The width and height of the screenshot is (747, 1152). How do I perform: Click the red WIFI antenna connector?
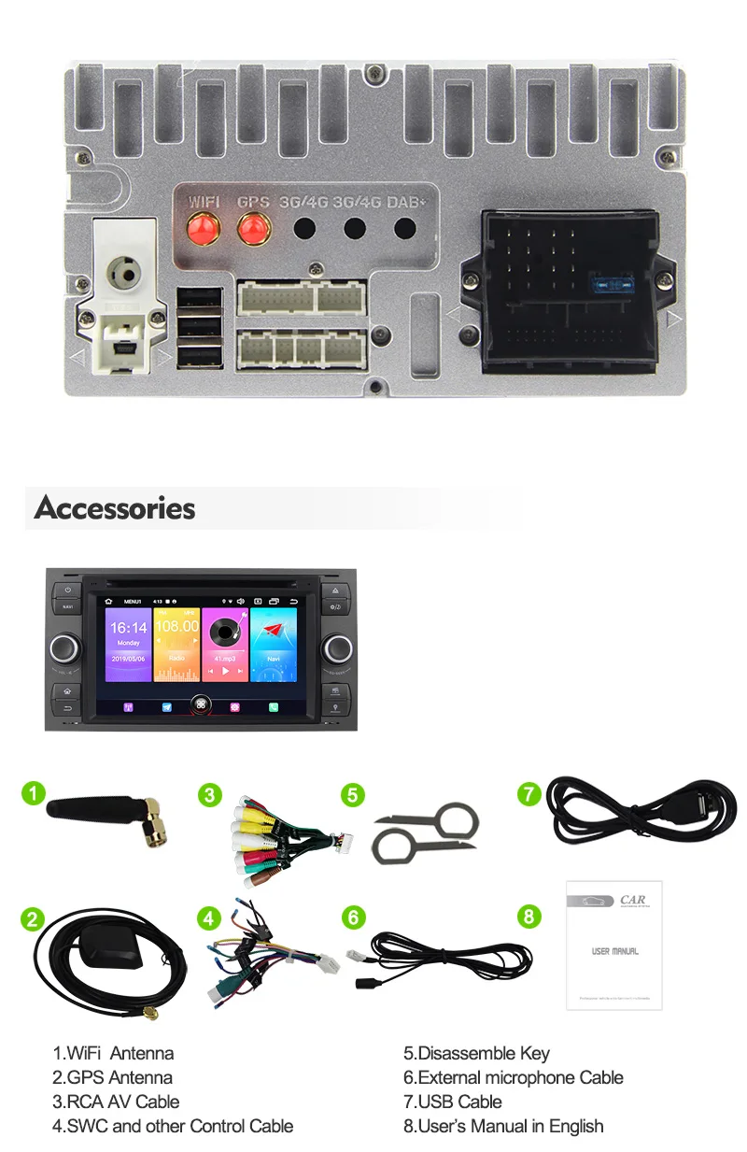click(x=199, y=228)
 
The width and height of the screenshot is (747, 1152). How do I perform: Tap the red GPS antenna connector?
click(x=252, y=228)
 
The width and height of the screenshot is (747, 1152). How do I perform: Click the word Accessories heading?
click(x=115, y=508)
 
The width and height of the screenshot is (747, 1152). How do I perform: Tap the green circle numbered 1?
click(x=33, y=794)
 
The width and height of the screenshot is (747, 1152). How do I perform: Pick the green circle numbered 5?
click(x=352, y=795)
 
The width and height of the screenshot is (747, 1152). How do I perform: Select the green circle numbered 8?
click(x=529, y=916)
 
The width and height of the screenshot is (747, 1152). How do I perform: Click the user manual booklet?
click(x=613, y=944)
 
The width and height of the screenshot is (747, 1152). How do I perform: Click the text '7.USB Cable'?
click(x=453, y=1102)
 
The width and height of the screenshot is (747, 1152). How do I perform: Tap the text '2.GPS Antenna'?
click(x=112, y=1077)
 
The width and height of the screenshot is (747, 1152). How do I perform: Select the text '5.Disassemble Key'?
click(x=476, y=1053)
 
